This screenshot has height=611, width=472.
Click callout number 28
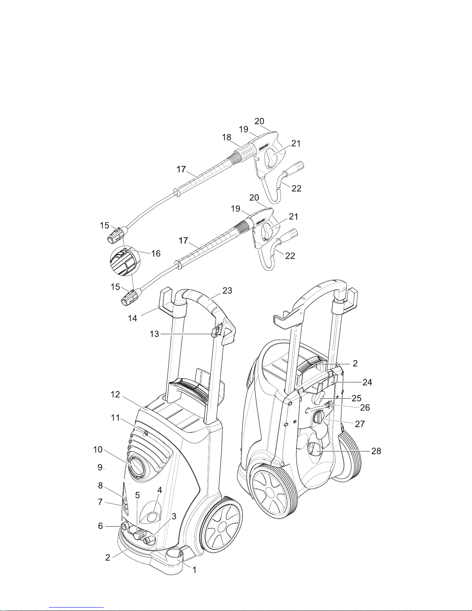click(x=376, y=451)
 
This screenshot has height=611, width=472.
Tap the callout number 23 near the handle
click(x=227, y=290)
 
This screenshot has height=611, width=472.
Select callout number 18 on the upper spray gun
click(x=227, y=137)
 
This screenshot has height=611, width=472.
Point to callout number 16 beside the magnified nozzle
click(x=156, y=253)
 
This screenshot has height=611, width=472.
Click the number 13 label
click(x=154, y=334)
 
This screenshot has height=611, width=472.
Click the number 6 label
click(x=100, y=526)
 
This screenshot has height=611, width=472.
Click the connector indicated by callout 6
click(x=124, y=525)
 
